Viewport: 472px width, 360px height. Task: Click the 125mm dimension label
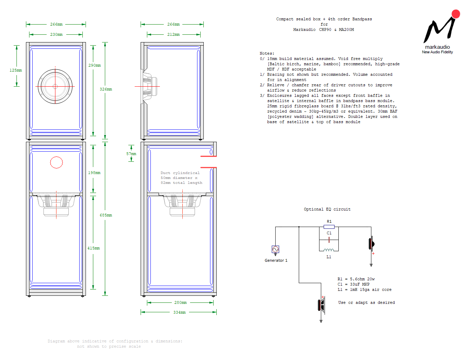click(16, 70)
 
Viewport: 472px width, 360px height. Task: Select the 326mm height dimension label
click(106, 89)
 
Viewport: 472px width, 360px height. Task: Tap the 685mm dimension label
click(106, 215)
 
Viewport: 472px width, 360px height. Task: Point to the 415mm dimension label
click(94, 248)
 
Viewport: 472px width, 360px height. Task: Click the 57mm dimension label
click(131, 154)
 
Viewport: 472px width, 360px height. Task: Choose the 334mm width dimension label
click(180, 312)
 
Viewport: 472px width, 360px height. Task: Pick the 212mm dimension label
click(173, 34)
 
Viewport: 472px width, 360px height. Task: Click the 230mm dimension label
click(56, 34)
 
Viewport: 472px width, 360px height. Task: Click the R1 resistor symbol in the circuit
click(329, 227)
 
